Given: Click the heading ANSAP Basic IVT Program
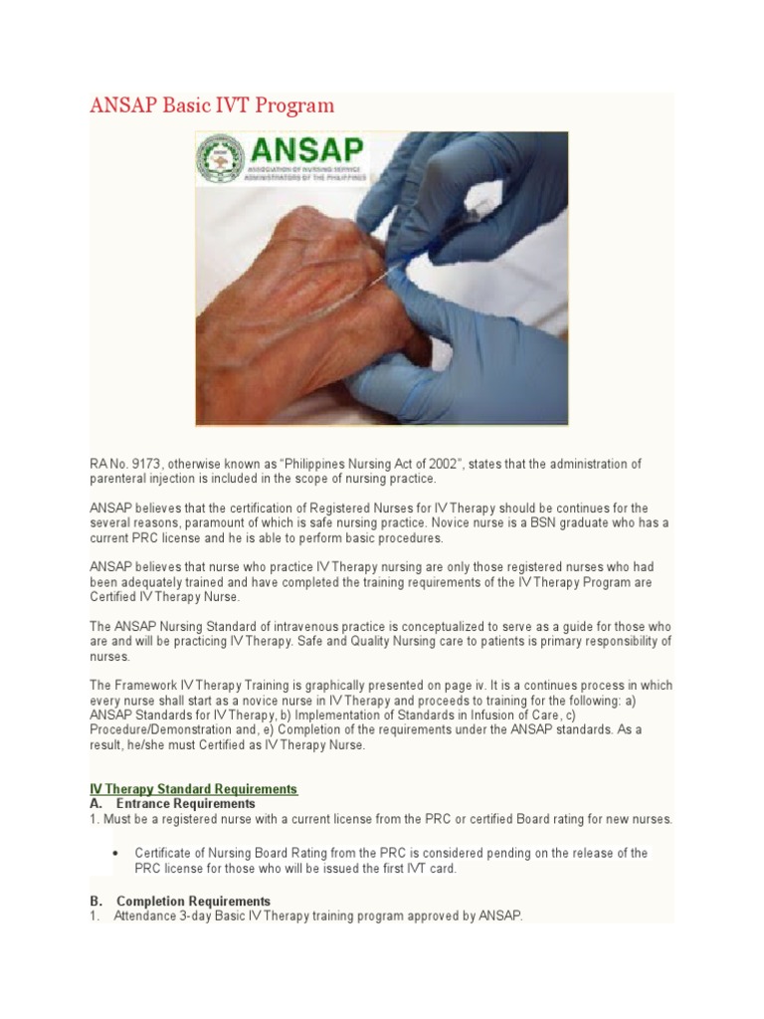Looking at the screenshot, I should click(212, 105).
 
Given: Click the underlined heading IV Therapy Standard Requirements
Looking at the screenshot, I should click(194, 789).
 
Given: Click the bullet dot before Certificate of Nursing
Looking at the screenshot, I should click(116, 854).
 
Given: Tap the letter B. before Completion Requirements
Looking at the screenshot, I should click(95, 902).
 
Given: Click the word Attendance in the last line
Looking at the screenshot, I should click(146, 916).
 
